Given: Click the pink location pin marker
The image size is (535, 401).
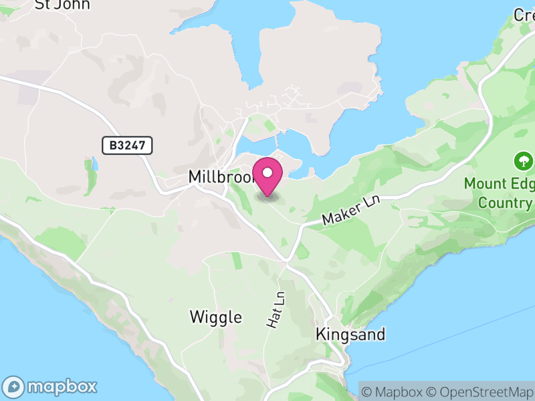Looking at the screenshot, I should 268,177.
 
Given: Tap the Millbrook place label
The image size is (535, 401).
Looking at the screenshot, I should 219,177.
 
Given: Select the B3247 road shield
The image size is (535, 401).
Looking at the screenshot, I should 128,145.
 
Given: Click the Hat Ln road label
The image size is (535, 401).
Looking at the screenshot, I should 276,309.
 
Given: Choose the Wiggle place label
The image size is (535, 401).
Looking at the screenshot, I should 215,317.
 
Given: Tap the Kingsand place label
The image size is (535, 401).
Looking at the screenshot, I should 351,334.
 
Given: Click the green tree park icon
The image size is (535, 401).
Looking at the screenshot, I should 523,161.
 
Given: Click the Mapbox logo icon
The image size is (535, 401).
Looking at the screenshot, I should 15,386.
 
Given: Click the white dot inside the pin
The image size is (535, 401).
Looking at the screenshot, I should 268,172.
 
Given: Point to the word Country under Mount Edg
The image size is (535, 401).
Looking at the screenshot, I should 506,203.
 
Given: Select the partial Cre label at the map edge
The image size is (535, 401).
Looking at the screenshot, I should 523,14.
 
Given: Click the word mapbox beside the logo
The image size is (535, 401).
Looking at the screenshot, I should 62,386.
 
